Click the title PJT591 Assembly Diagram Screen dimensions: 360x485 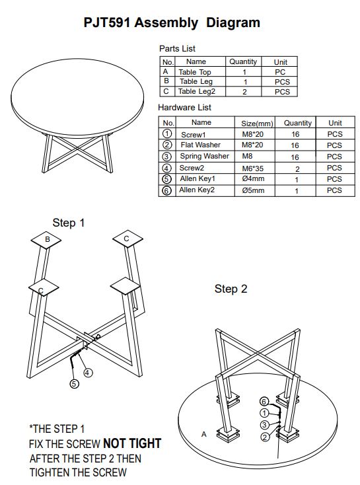click(x=172, y=23)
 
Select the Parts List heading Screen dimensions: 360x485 click(x=177, y=48)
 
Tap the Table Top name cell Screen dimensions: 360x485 click(x=195, y=72)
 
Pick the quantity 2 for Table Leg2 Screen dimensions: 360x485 click(x=244, y=92)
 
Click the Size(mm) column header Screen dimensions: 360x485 click(x=257, y=124)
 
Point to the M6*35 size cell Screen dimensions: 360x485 click(x=252, y=168)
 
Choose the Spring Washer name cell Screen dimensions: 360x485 click(x=204, y=156)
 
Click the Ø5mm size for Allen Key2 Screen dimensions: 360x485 click(x=253, y=190)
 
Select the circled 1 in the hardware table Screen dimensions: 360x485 click(x=166, y=133)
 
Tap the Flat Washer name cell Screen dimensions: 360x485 click(x=200, y=145)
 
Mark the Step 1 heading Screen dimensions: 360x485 click(x=68, y=223)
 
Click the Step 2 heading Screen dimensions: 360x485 click(x=231, y=289)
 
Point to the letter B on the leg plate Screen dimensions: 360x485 click(x=48, y=239)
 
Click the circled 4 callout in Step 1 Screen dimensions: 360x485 click(x=88, y=373)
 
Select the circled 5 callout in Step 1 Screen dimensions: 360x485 click(x=74, y=384)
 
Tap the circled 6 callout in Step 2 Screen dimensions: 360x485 click(x=264, y=402)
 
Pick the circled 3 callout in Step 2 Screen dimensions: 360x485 click(x=264, y=425)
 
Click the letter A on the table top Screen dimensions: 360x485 click(x=204, y=434)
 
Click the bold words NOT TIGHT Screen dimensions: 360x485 click(x=132, y=443)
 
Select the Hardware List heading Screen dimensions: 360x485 click(x=184, y=107)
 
